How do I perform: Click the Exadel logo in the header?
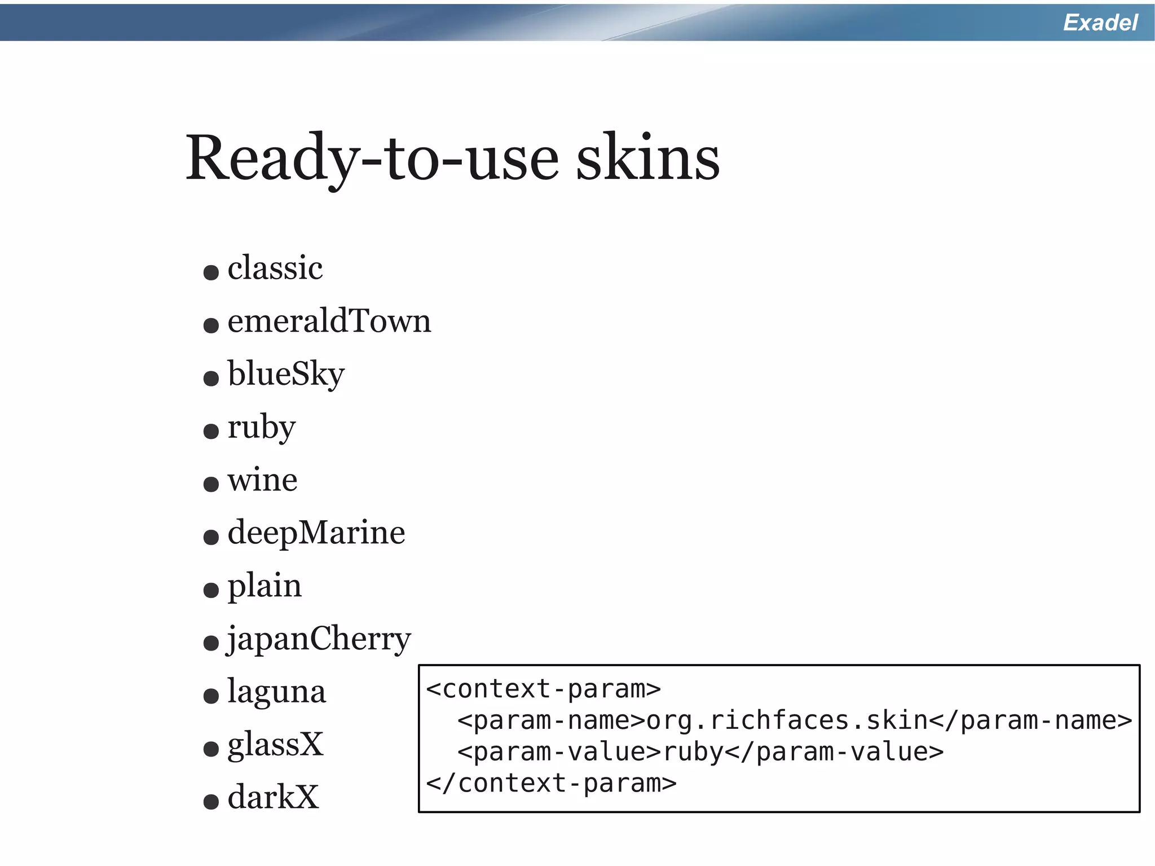1100,23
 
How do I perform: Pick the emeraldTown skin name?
329,321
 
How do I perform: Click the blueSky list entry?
286,374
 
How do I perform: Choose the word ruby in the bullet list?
261,427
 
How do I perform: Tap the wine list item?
262,480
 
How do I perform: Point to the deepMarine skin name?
316,533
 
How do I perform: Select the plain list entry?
264,586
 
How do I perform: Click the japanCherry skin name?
319,639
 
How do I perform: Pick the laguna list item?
276,692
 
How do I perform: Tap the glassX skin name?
275,745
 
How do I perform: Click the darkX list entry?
273,798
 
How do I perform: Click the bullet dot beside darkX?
211,801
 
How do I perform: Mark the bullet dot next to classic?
211,272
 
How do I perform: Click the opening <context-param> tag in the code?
543,689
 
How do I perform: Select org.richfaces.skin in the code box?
787,720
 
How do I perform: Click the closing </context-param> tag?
551,784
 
